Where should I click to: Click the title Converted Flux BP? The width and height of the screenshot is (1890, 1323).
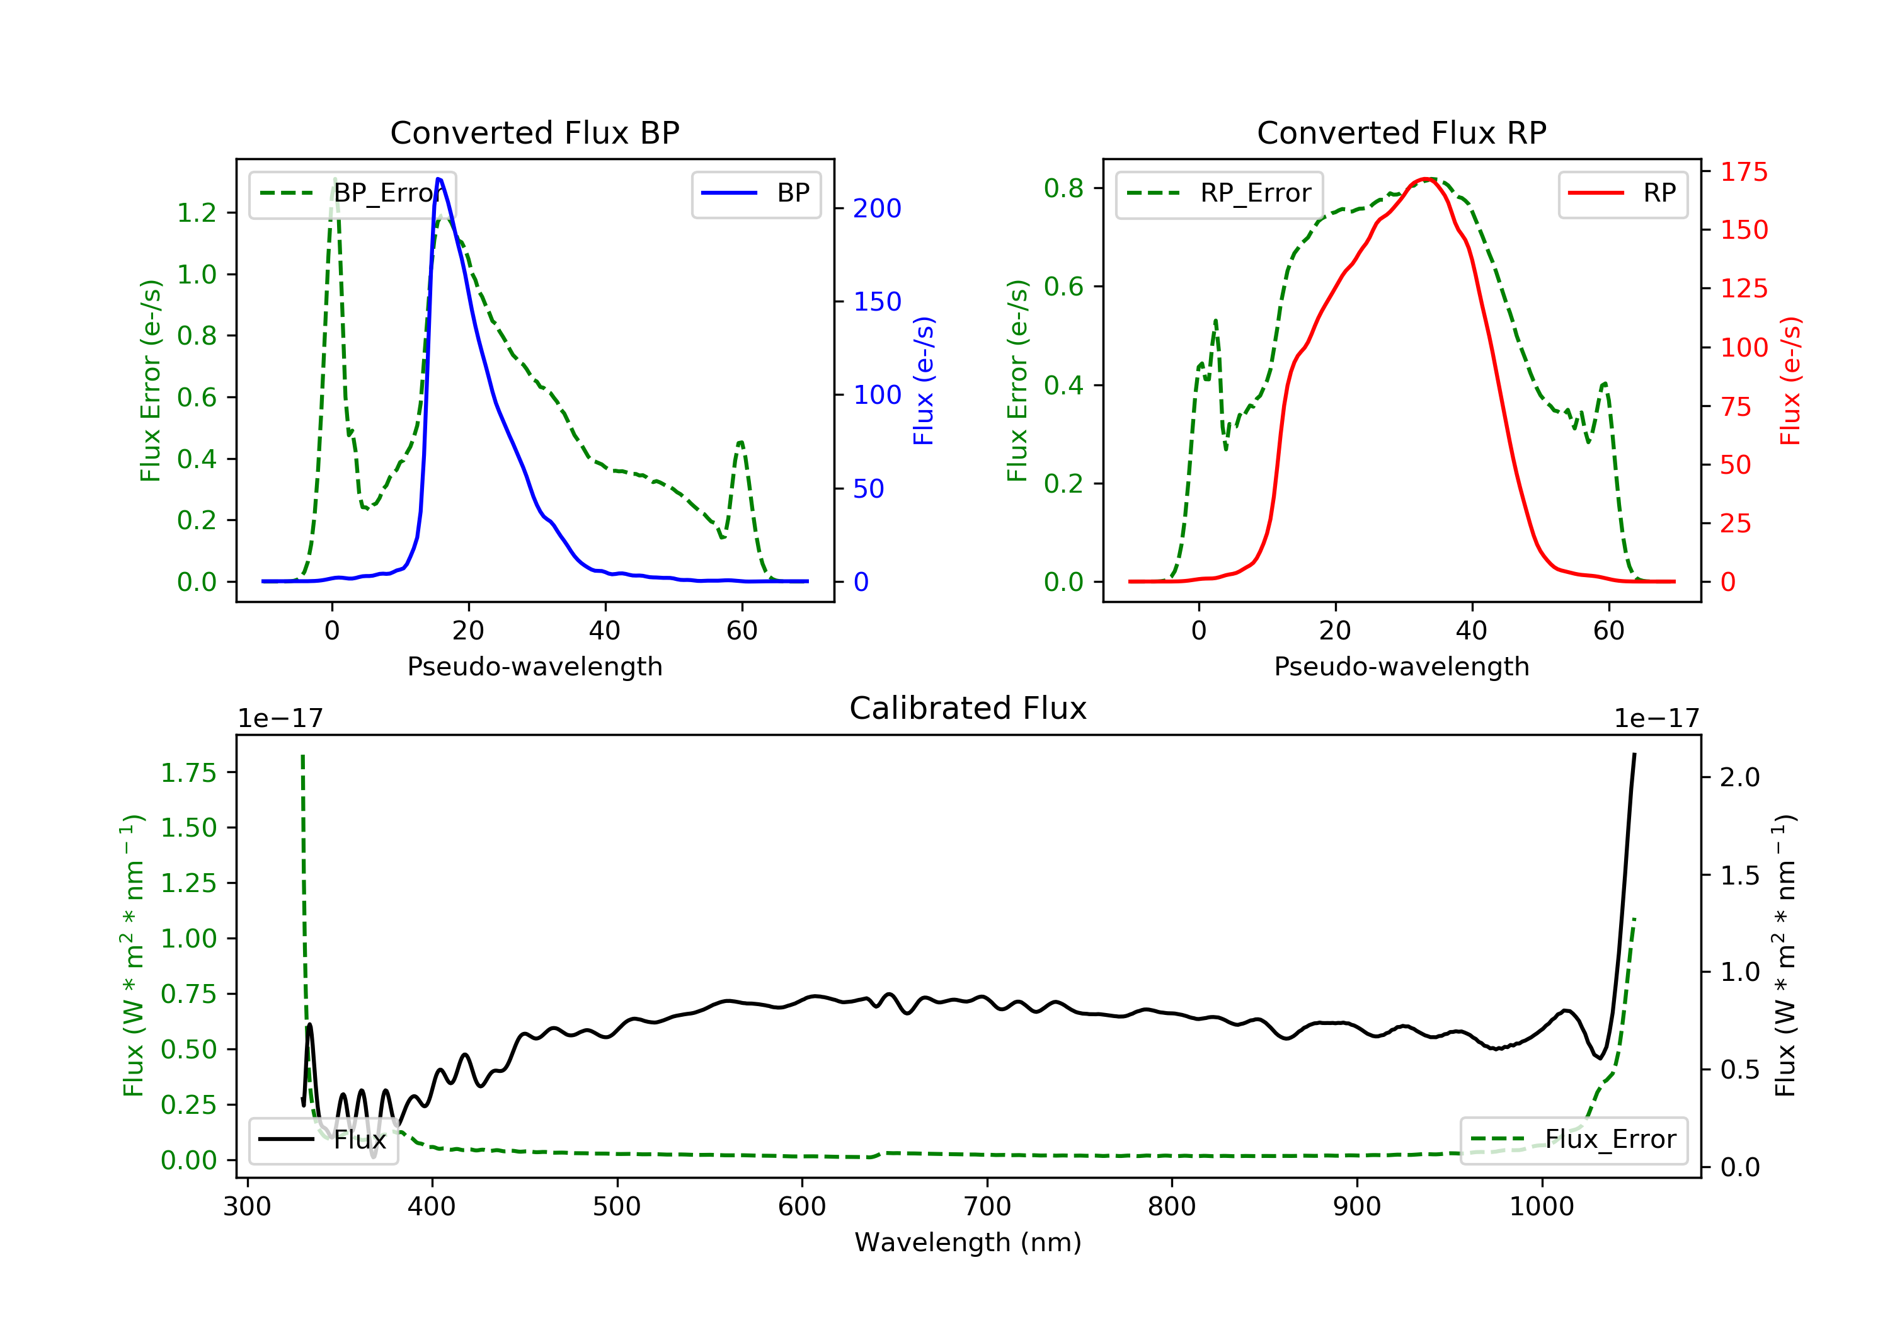pos(534,132)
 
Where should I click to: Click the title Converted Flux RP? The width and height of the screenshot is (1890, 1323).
pos(1401,132)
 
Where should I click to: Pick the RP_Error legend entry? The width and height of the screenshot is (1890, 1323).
pos(1220,193)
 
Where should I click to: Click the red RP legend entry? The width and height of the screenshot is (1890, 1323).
pos(1622,193)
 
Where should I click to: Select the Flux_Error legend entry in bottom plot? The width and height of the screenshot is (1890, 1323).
pos(1574,1140)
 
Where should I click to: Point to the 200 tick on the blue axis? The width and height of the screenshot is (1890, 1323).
pos(877,209)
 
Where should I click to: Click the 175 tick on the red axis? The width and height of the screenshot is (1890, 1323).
pos(1743,172)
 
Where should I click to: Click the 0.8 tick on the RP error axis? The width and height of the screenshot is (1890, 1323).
pos(1063,188)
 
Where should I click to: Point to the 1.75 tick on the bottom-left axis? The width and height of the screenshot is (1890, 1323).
pos(188,773)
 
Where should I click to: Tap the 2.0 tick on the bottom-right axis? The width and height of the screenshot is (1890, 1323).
pos(1739,777)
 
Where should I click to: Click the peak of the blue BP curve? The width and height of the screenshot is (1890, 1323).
pos(438,179)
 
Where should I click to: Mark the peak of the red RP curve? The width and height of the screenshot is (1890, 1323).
pos(1426,179)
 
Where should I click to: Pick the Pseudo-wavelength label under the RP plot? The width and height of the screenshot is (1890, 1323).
pos(1401,666)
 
